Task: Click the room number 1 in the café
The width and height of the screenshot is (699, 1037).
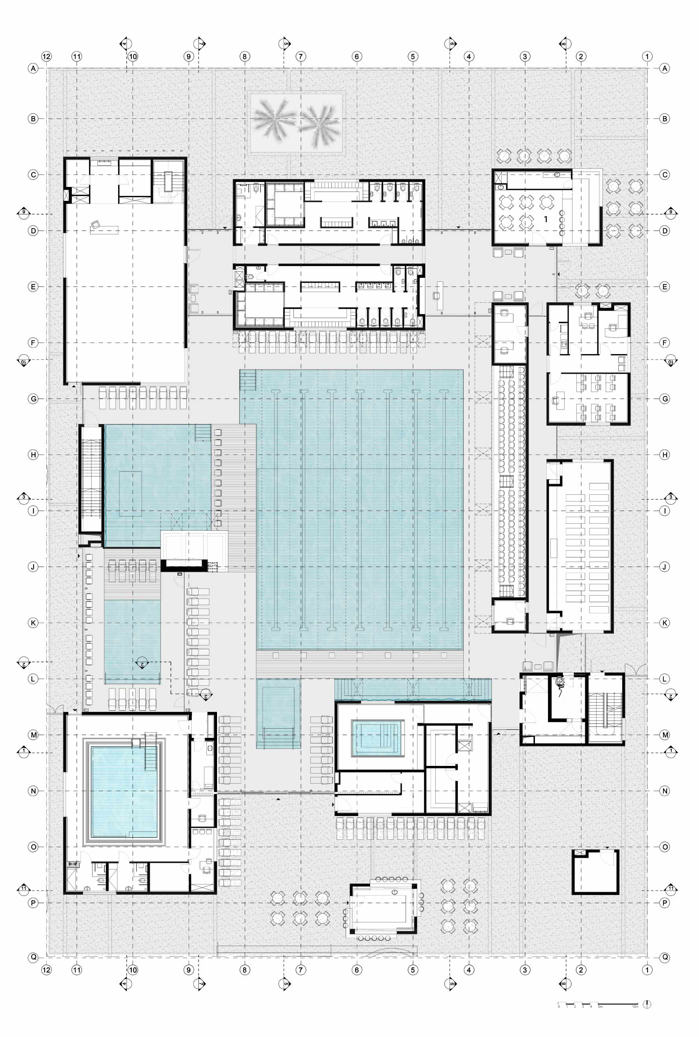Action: [545, 219]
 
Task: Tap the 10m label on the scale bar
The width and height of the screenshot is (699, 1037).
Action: [635, 1007]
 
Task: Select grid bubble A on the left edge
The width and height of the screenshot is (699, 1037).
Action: [33, 68]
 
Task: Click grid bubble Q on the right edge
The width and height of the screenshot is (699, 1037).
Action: [665, 957]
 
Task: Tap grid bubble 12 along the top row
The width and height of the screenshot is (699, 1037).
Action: [46, 57]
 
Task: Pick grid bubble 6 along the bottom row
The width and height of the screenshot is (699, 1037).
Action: [357, 970]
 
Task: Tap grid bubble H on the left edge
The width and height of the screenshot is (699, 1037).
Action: [33, 454]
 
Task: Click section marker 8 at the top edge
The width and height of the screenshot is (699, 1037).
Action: [564, 44]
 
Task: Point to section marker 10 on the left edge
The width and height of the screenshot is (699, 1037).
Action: [23, 360]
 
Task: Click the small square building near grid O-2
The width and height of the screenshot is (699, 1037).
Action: [595, 871]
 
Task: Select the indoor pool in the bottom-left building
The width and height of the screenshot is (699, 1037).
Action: [125, 791]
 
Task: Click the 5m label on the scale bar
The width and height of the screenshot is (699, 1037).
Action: [600, 1007]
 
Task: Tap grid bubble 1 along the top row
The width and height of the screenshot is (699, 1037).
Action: [647, 57]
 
